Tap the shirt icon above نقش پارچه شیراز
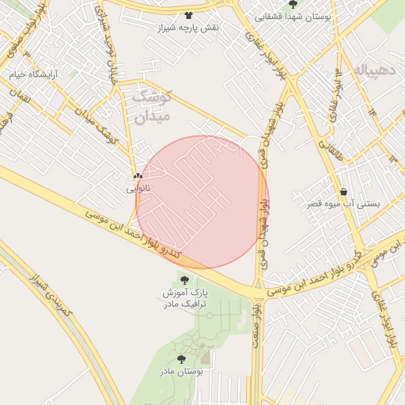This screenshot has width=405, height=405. [188, 15]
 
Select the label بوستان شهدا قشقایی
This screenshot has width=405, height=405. [293, 16]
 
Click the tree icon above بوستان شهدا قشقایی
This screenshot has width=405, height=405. [293, 4]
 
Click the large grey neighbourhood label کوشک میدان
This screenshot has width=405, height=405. [150, 107]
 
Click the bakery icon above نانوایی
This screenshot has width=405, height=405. [138, 176]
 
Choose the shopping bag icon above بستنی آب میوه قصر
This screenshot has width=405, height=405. [343, 191]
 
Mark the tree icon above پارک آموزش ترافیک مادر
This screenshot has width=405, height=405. [184, 280]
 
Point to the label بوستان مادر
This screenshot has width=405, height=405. [181, 371]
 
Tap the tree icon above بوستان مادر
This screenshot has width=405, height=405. [181, 358]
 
